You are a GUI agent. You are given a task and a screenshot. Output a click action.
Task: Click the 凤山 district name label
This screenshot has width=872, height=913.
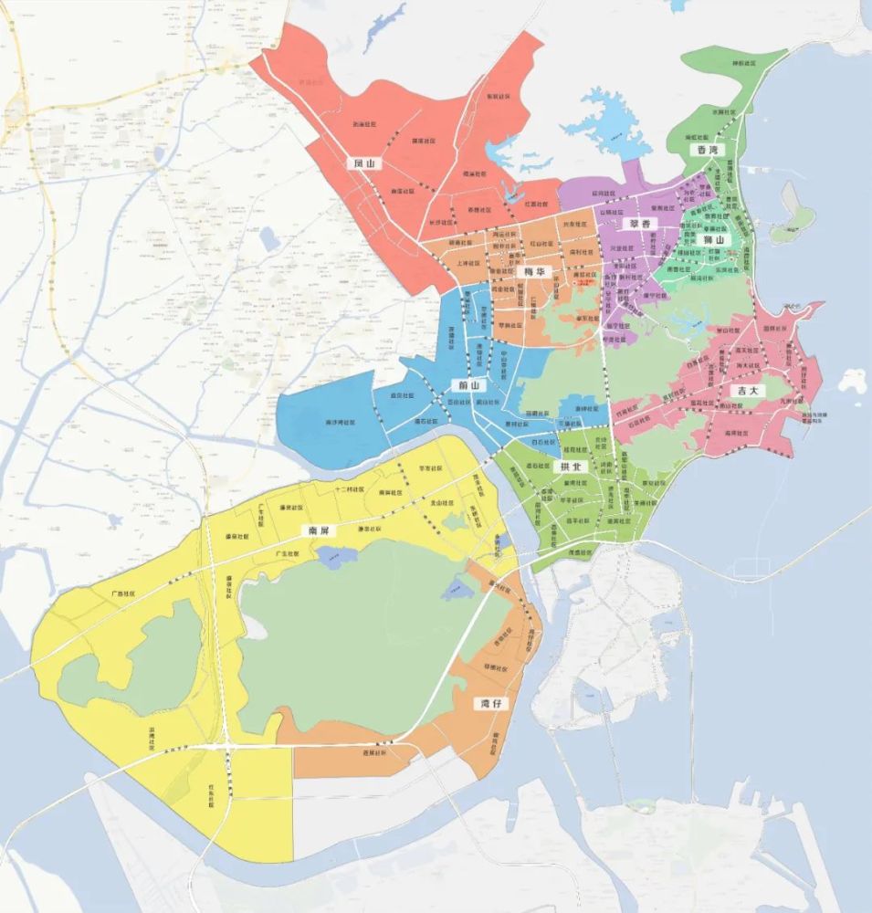coord(364,163)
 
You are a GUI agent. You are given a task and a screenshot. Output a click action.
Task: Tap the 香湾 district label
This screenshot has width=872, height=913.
coord(706,149)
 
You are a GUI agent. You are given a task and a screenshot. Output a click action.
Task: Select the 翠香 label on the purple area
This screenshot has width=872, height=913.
coord(631,223)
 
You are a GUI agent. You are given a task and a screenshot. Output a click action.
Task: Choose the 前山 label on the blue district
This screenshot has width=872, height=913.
coord(469,385)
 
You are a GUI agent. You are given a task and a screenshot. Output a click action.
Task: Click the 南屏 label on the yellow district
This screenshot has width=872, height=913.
coord(318,530)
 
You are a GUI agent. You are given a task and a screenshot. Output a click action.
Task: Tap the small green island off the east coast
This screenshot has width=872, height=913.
coord(791,224)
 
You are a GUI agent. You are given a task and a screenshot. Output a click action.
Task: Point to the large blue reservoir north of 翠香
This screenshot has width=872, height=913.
coord(605,123)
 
